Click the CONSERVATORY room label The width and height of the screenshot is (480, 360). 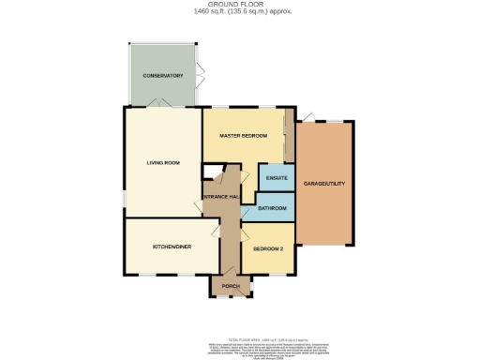(x=162, y=75)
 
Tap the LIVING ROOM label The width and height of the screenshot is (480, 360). (x=162, y=162)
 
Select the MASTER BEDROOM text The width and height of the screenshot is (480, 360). (x=243, y=136)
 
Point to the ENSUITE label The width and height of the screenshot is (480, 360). (x=276, y=178)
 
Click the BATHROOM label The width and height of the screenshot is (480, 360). (x=271, y=207)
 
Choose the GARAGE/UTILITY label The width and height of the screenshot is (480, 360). (x=325, y=184)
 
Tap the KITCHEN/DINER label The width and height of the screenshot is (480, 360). (x=172, y=247)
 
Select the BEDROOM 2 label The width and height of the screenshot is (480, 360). (x=268, y=248)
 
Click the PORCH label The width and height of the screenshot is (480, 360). (x=230, y=286)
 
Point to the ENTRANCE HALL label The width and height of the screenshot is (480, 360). (x=222, y=195)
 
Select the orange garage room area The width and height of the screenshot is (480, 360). (x=325, y=206)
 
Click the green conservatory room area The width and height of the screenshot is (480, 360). (x=162, y=89)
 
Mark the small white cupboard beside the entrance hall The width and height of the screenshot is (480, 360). (x=210, y=171)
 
